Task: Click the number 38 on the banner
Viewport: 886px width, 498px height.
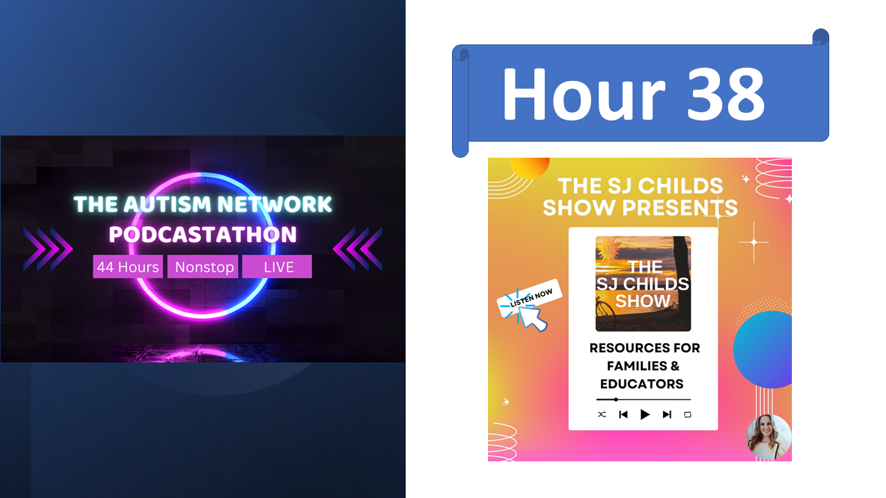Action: tap(726, 93)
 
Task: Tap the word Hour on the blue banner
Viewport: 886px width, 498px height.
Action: tap(584, 93)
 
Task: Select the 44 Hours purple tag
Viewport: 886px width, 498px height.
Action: tap(128, 267)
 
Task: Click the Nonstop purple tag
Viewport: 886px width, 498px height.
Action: tap(203, 267)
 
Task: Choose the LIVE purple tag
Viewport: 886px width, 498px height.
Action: tap(277, 267)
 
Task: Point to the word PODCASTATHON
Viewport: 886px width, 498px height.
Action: tap(203, 234)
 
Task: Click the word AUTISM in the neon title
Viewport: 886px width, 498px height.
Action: tap(168, 204)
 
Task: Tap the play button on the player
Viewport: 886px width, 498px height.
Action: tap(644, 414)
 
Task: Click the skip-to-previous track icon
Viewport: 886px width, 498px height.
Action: tap(623, 414)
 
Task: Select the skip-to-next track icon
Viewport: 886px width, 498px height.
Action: tap(667, 414)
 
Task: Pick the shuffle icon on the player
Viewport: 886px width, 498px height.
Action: tap(602, 414)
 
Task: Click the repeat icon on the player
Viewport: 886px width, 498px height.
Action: tap(687, 414)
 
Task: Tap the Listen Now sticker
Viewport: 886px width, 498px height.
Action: tap(530, 299)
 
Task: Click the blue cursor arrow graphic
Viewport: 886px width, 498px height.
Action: tap(532, 319)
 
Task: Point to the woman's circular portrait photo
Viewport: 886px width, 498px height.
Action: tap(768, 437)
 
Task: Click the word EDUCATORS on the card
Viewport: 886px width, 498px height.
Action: tap(642, 384)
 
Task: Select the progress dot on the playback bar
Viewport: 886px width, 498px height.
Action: tap(616, 400)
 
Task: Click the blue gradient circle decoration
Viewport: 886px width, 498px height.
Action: tap(763, 350)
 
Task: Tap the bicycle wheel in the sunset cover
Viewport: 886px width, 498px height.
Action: tap(606, 315)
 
